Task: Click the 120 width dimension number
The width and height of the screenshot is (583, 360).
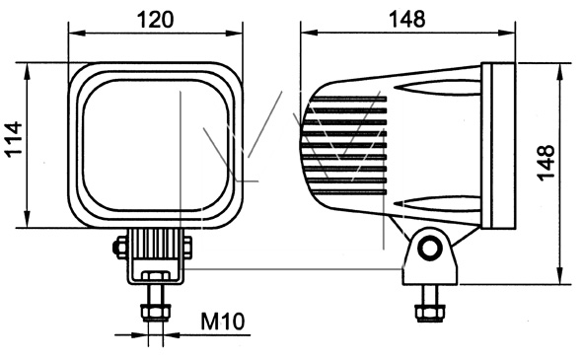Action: [x=156, y=20]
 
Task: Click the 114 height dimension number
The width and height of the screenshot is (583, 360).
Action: [x=15, y=139]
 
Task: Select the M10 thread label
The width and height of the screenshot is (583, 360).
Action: [x=223, y=322]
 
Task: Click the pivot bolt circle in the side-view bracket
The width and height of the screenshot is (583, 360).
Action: [x=430, y=248]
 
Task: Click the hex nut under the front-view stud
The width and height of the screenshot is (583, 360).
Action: [x=156, y=313]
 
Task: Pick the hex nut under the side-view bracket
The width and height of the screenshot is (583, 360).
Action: [x=430, y=313]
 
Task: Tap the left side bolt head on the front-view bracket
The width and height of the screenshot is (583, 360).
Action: [x=119, y=247]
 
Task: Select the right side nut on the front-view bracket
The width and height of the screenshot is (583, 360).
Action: [x=187, y=247]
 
